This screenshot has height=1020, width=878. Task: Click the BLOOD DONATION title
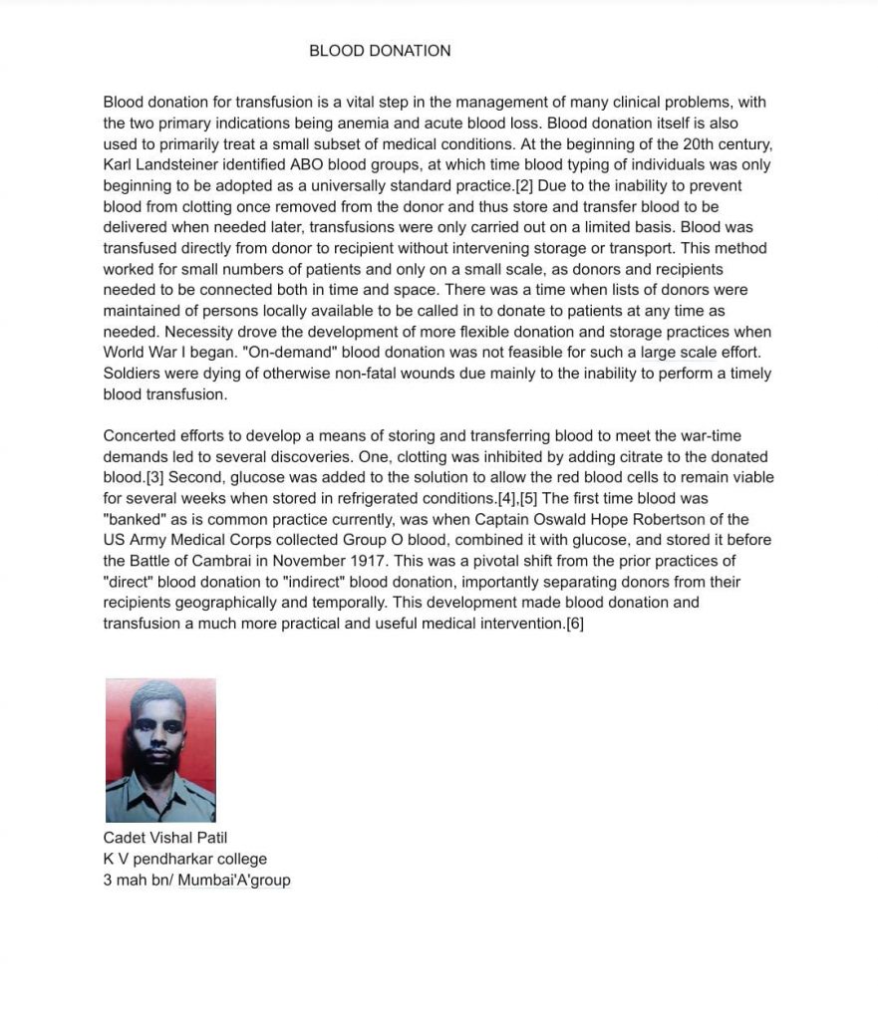[x=380, y=51]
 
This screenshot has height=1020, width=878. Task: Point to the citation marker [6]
[x=574, y=624]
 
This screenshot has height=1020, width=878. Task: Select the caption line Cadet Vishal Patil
[x=164, y=838]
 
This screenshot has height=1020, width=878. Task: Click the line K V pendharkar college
[x=184, y=859]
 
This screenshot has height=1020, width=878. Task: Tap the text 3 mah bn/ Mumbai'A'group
[x=196, y=880]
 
